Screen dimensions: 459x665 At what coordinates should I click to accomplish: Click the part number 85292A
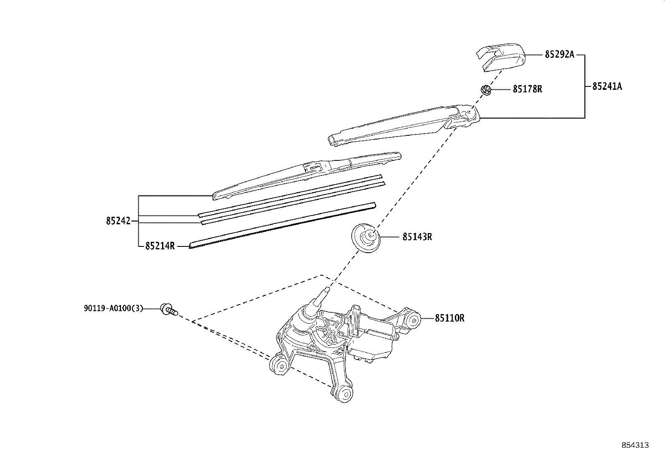(559, 54)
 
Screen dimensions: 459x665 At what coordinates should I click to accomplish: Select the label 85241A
(607, 86)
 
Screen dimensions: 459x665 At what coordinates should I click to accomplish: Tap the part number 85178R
(528, 89)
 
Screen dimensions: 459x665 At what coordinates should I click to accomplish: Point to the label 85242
(118, 221)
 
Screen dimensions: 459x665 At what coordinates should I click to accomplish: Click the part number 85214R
(160, 246)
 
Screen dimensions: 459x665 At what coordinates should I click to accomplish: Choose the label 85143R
(417, 237)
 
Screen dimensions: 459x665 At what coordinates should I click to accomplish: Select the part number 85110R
(449, 318)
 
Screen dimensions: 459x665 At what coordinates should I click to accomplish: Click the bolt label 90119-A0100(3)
(113, 309)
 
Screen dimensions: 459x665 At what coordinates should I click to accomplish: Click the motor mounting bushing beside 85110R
(413, 320)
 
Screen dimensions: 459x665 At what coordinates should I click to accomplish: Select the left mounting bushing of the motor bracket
(281, 367)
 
